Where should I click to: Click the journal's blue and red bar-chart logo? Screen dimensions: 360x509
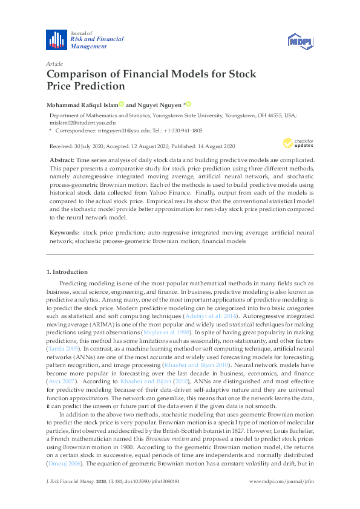pos(57,39)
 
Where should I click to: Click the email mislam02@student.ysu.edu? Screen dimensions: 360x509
pos(74,122)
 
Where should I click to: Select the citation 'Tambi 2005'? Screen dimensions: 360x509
pos(62,349)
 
